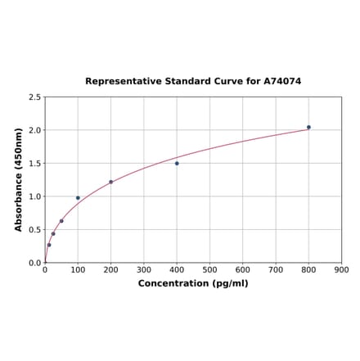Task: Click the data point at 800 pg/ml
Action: (x=308, y=127)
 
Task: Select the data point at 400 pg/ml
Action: (x=177, y=163)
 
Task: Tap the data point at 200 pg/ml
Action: (x=111, y=182)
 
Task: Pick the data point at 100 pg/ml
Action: (x=78, y=197)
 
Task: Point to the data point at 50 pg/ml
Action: (x=61, y=221)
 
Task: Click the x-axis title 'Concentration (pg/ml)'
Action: (x=193, y=283)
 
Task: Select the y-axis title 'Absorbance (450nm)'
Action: (x=19, y=179)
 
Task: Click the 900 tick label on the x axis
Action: (x=342, y=270)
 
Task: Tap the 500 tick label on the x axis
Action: (x=209, y=270)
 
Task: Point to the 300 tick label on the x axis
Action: (x=144, y=270)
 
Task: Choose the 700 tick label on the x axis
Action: (x=276, y=270)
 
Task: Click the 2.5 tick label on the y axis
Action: (x=35, y=97)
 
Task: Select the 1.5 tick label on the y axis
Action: (x=35, y=164)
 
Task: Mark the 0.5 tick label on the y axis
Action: (x=35, y=230)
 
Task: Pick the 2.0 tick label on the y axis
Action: (x=35, y=130)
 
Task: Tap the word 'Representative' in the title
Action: (x=120, y=82)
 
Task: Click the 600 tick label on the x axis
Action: (x=243, y=270)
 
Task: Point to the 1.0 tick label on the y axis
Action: (x=35, y=196)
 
